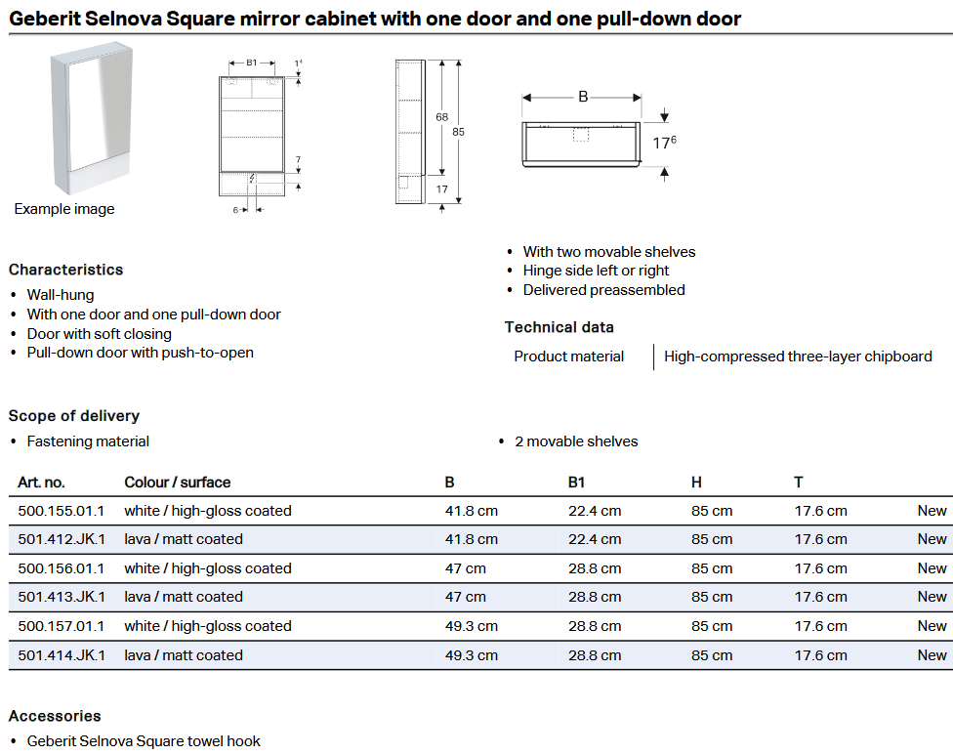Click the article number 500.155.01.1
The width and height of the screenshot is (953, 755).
coord(61,511)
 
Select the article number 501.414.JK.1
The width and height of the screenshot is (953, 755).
coord(61,655)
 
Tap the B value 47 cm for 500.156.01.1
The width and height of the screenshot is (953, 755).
coord(465,568)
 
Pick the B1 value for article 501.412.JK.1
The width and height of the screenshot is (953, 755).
coord(595,539)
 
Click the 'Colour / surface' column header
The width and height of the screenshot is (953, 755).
coord(178,482)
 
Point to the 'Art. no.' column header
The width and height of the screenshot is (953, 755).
coord(41,482)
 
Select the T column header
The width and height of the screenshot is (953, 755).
coord(799,482)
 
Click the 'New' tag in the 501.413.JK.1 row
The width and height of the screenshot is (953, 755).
coord(932,597)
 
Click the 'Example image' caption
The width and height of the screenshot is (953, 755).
coord(64,209)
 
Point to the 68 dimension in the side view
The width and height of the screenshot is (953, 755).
coord(442,117)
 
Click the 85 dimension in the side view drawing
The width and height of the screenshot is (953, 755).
coord(458,131)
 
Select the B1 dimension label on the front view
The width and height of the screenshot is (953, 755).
coord(251,63)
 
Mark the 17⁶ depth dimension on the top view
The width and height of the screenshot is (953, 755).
coord(664,143)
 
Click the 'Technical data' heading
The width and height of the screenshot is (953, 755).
coord(559,327)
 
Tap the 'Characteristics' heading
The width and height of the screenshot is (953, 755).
coord(65,270)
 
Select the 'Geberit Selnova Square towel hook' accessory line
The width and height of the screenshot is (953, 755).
coord(144,741)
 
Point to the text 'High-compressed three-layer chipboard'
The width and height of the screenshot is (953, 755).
coord(798,357)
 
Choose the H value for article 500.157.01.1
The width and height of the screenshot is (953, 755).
coord(712,626)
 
